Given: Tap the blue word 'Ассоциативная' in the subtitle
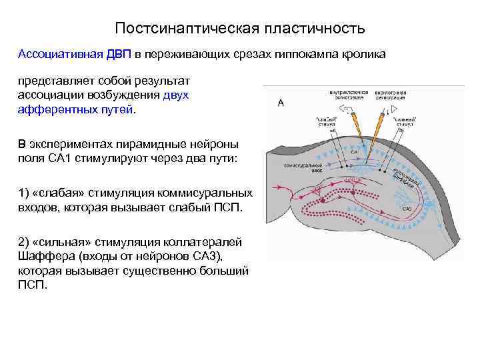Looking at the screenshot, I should [x=59, y=54].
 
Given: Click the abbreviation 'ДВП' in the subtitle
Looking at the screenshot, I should [x=121, y=54].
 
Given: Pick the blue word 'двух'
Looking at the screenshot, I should [x=176, y=95].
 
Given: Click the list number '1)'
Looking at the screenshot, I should [x=24, y=193].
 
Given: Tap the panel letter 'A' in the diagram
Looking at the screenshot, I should [x=281, y=103].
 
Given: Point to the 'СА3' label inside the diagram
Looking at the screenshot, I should [x=407, y=209].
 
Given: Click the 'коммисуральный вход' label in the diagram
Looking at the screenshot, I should [x=304, y=166].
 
